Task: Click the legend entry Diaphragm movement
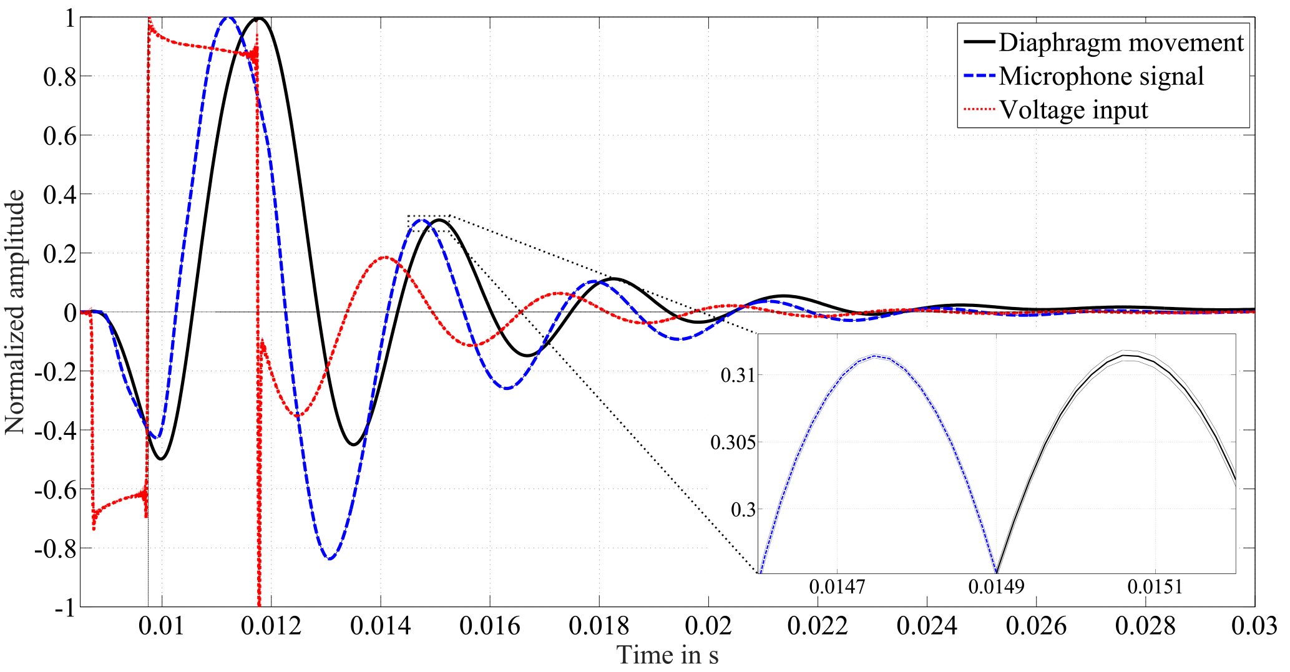click(x=1121, y=42)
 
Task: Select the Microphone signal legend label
click(x=1101, y=76)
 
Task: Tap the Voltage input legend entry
click(x=1073, y=110)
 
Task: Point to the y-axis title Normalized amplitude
click(x=15, y=312)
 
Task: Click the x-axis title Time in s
click(x=667, y=655)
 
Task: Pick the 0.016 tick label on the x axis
click(x=490, y=626)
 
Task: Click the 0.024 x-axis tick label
click(x=927, y=626)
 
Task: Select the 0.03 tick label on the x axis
click(x=1254, y=626)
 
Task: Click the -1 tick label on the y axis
click(x=64, y=608)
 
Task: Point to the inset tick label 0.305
click(x=733, y=443)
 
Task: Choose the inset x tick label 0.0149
click(x=996, y=587)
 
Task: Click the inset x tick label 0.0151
click(x=1155, y=587)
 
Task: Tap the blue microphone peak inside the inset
click(x=874, y=356)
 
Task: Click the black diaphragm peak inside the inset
click(x=1125, y=356)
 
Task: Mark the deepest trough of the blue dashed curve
click(x=330, y=558)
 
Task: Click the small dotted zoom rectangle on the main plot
click(x=429, y=223)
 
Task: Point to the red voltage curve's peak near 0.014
click(x=384, y=257)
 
